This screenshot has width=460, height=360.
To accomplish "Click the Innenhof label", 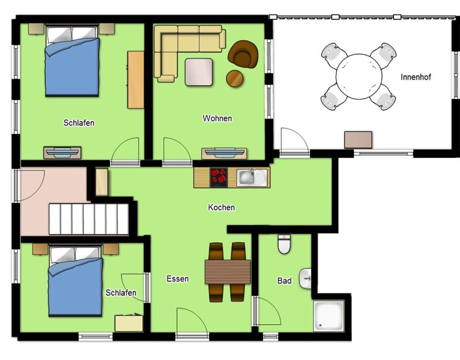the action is [x=415, y=77].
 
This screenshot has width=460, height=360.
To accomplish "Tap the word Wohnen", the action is [x=217, y=118].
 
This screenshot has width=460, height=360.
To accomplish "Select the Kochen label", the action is [x=221, y=207].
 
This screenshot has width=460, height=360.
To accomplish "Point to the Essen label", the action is [x=178, y=278].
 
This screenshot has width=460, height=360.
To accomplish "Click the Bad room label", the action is [x=284, y=281].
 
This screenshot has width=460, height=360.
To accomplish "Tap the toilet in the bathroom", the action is [x=284, y=244].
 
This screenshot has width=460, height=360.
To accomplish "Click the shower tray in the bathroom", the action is [x=328, y=315].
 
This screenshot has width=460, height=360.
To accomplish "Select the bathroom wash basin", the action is [x=305, y=278].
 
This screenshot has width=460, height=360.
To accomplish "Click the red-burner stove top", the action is [x=219, y=177].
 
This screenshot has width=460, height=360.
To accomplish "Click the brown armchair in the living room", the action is [x=243, y=53].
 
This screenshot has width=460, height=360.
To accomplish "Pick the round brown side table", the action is [x=235, y=78].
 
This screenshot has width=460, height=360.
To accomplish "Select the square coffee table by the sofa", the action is [x=199, y=72].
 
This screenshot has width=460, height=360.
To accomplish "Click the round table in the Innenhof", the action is [x=359, y=76].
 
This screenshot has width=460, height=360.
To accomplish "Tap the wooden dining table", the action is [x=228, y=272].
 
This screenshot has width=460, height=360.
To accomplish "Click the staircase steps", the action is [x=89, y=219].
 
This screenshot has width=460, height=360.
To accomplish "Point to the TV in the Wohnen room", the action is [x=224, y=152].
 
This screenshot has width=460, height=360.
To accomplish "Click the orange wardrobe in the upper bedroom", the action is [x=136, y=80].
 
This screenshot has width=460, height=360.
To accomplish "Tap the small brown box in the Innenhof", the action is [x=358, y=140].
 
